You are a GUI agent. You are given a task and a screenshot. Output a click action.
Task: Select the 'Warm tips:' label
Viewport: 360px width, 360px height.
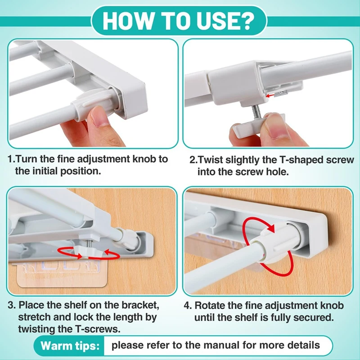pyautogui.click(x=70, y=345)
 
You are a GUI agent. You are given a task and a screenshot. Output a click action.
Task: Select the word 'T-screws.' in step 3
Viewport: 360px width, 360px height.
pyautogui.click(x=98, y=329)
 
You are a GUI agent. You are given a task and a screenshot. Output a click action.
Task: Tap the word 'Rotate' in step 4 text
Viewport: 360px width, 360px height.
pyautogui.click(x=210, y=306)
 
